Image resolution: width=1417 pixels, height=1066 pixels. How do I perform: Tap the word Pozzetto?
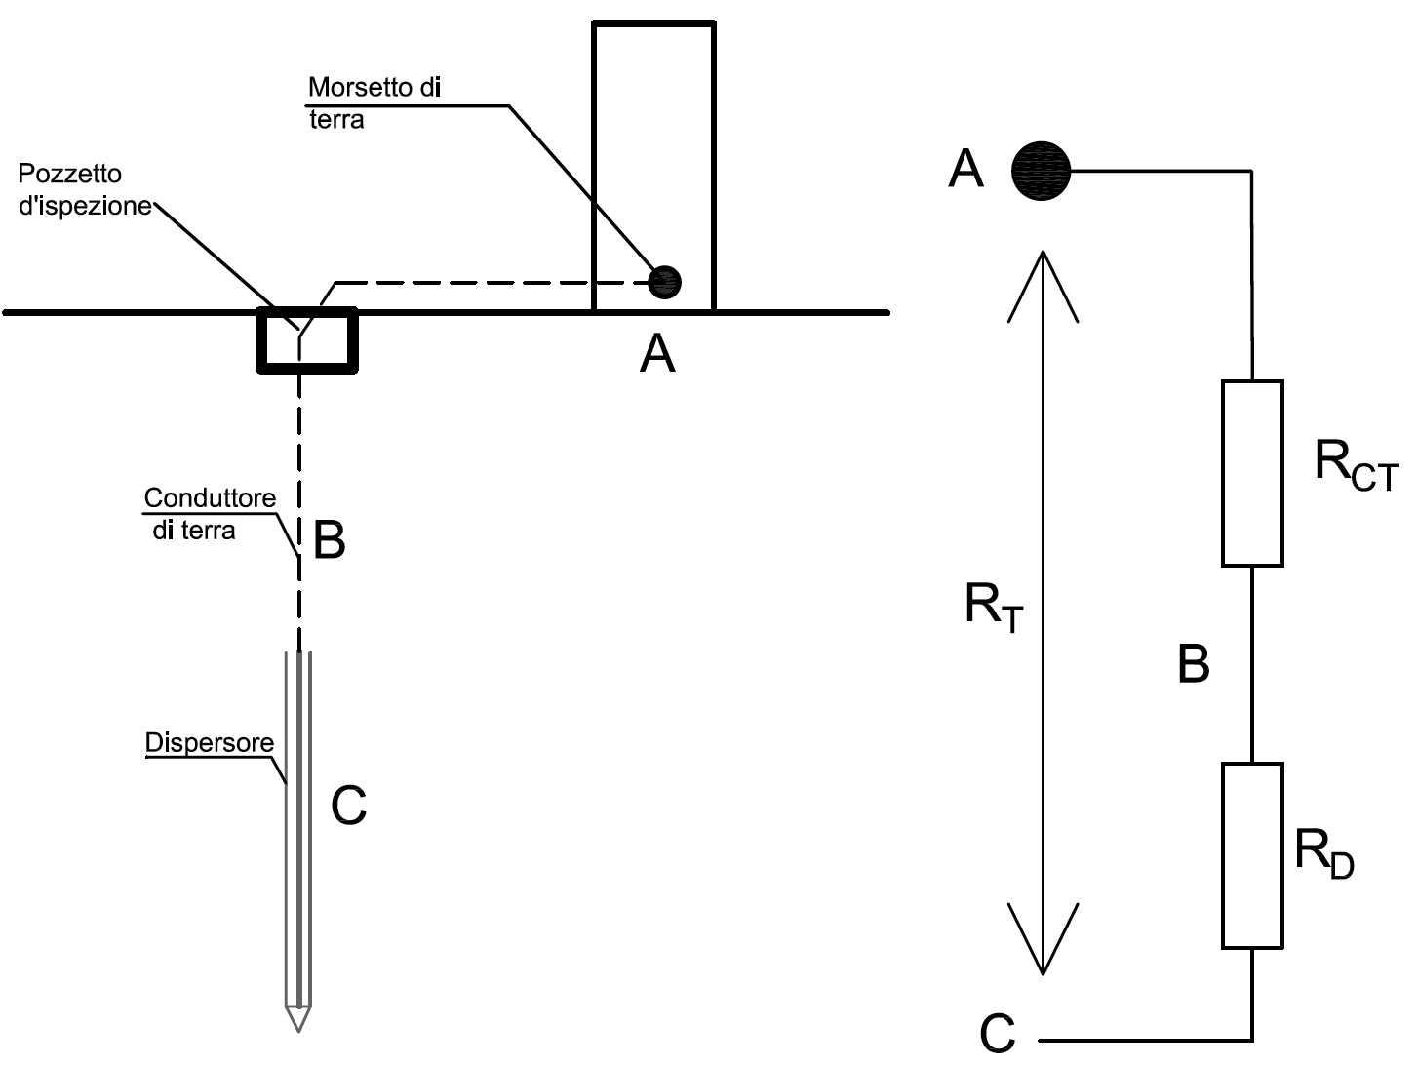(69, 174)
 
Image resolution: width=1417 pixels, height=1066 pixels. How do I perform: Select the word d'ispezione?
(85, 206)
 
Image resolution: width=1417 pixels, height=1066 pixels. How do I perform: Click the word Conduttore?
(210, 497)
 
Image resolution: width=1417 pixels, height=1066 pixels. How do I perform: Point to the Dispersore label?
(209, 743)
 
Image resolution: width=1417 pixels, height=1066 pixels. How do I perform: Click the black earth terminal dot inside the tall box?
(664, 282)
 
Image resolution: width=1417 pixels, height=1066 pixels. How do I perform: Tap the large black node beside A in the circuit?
(1041, 171)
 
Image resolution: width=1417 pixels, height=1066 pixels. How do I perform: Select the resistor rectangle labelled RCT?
(1252, 473)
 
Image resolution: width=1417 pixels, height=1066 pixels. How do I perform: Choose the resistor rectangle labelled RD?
(1252, 856)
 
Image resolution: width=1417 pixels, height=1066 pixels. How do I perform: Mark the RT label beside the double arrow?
(994, 608)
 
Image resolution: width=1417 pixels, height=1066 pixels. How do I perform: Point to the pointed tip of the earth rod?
(298, 1031)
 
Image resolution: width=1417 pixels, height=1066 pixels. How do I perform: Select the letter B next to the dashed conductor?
(329, 539)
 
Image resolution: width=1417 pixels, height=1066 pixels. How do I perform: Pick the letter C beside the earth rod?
(348, 806)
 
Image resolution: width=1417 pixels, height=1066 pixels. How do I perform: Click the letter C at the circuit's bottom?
(998, 1033)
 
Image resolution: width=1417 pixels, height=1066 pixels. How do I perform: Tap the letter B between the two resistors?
(1193, 663)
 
